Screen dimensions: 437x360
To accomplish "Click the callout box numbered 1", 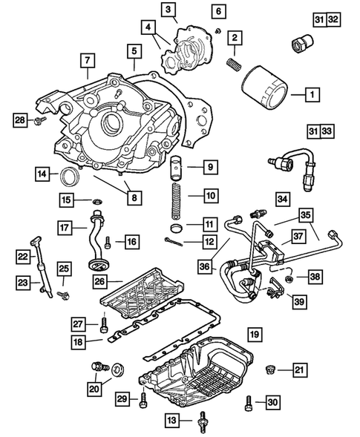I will (311, 94).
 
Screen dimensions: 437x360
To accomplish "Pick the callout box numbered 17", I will (66, 227).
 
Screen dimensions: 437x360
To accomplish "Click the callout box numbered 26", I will (100, 281).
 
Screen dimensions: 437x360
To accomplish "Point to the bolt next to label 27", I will (103, 324).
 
